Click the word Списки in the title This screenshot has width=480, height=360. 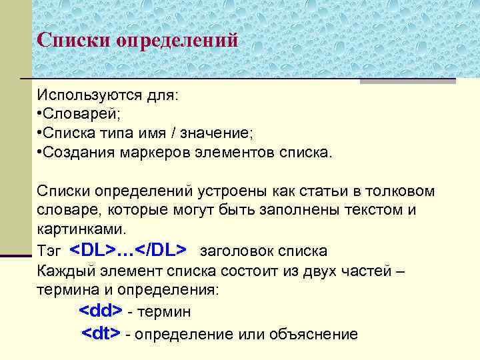tap(74, 40)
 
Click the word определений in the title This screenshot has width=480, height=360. tap(177, 41)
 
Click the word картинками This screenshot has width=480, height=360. tap(81, 229)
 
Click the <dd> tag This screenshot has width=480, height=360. tap(101, 311)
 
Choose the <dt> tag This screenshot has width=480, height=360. tap(101, 333)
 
